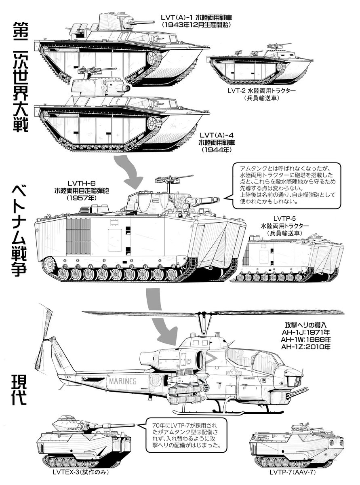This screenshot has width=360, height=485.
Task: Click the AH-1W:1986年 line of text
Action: [300, 340]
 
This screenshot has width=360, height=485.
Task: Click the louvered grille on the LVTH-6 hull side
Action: [78, 235]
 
